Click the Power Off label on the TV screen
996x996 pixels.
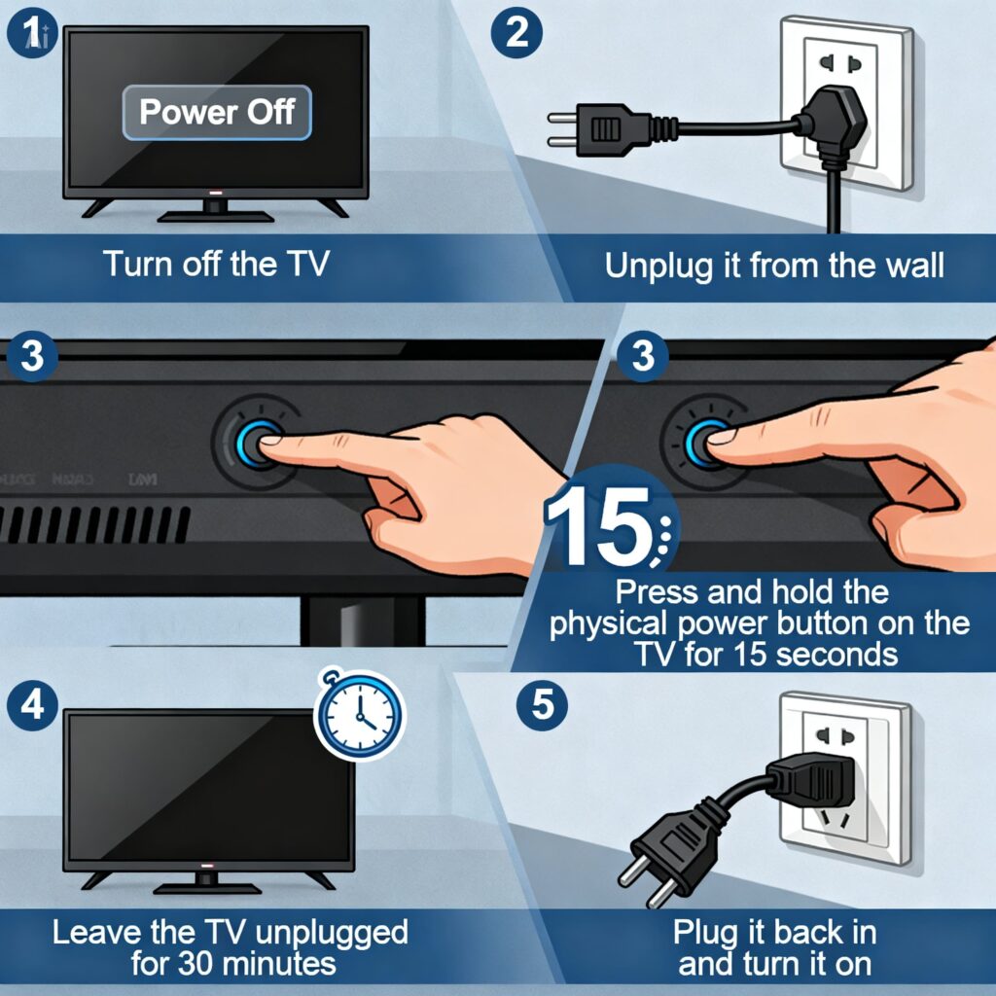(x=216, y=112)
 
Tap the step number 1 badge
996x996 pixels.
(x=30, y=34)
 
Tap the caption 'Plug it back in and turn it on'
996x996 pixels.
(x=774, y=948)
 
